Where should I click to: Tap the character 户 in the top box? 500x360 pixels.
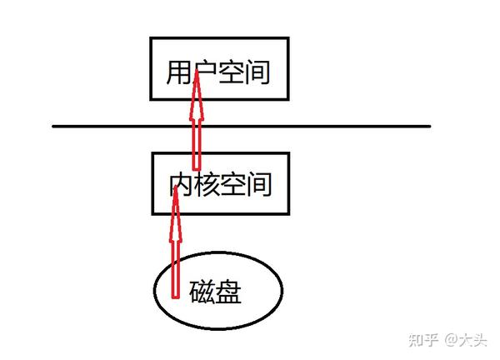click(203, 72)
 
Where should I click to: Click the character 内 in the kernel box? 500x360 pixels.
click(183, 183)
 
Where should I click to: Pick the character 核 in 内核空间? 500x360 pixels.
click(207, 183)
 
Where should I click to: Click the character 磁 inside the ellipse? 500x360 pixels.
click(203, 292)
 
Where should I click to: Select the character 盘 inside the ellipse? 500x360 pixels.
click(230, 292)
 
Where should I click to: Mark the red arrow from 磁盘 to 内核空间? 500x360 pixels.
click(176, 250)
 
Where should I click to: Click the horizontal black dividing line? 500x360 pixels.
click(333, 127)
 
